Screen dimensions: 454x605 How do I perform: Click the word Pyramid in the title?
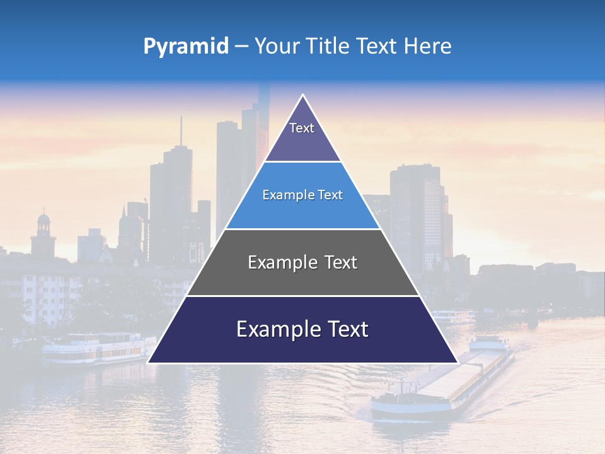click(186, 47)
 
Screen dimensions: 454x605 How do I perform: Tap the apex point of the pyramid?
click(303, 95)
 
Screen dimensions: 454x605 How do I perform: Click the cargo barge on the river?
click(441, 385)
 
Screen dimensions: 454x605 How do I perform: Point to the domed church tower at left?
click(43, 233)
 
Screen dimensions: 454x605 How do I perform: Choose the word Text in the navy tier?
click(346, 329)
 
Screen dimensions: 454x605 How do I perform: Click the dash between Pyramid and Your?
click(241, 47)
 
